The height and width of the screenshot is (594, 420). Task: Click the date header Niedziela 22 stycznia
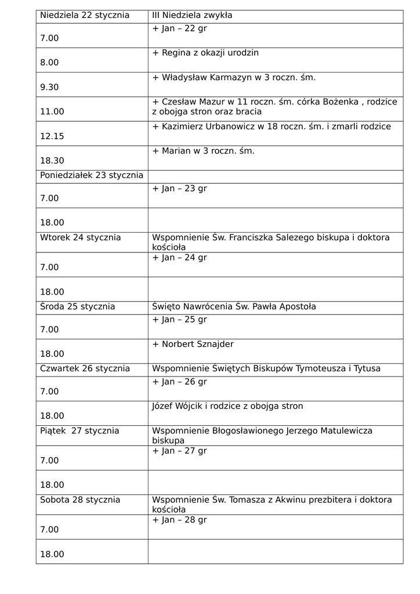point(85,16)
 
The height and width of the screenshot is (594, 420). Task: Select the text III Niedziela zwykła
point(192,16)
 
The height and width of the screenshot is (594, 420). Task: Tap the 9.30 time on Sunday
point(49,88)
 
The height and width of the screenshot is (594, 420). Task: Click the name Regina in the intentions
point(177,53)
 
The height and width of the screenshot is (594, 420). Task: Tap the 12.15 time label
point(52,137)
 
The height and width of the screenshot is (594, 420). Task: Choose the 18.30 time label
point(52,161)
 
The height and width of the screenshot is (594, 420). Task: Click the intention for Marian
point(203,151)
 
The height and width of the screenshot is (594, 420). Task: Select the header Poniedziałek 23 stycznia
point(91,176)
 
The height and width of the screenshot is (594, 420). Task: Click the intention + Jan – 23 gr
point(179,189)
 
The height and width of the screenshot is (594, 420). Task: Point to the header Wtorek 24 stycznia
point(80,237)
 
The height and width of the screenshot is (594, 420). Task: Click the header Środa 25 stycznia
point(77,306)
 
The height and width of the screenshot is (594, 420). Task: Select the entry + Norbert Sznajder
point(193,344)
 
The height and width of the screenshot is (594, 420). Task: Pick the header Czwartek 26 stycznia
point(85,368)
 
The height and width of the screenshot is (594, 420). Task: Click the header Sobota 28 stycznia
point(80,499)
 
